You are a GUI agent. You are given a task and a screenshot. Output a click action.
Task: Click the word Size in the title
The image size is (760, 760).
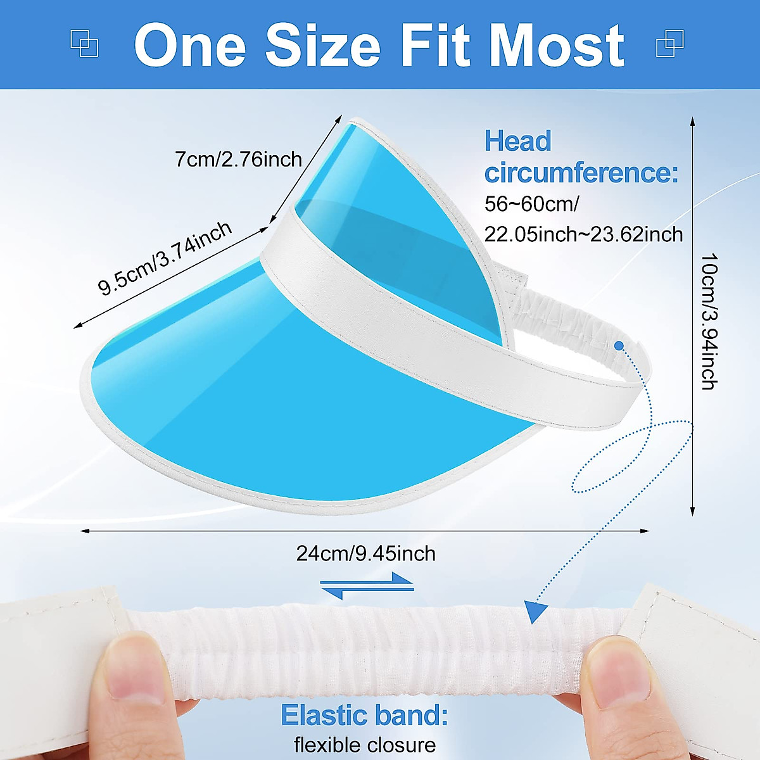coord(323,46)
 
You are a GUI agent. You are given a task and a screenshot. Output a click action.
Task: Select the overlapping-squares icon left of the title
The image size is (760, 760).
coord(84,44)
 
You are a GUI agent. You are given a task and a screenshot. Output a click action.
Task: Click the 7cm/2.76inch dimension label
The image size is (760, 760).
coord(238,160)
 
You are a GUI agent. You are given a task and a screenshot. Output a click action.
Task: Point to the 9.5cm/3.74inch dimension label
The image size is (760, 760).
coord(165,258)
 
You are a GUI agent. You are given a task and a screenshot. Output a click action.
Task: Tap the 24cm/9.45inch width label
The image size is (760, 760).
coord(366,554)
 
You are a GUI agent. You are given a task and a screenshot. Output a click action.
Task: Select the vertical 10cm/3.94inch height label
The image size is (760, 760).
coord(709,322)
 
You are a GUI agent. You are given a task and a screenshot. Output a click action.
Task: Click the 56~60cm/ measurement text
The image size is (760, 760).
coord(531,204)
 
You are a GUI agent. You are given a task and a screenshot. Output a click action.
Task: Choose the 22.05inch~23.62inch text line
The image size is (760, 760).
coord(584,234)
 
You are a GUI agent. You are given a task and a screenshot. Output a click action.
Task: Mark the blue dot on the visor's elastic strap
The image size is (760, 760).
coord(619,346)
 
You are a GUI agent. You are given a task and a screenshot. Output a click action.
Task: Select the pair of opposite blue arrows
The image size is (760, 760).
coord(367,586)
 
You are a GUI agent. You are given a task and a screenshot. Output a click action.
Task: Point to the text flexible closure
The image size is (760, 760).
coord(365,745)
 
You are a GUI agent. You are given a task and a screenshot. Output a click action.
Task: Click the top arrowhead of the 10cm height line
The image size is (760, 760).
coord(692,122)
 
